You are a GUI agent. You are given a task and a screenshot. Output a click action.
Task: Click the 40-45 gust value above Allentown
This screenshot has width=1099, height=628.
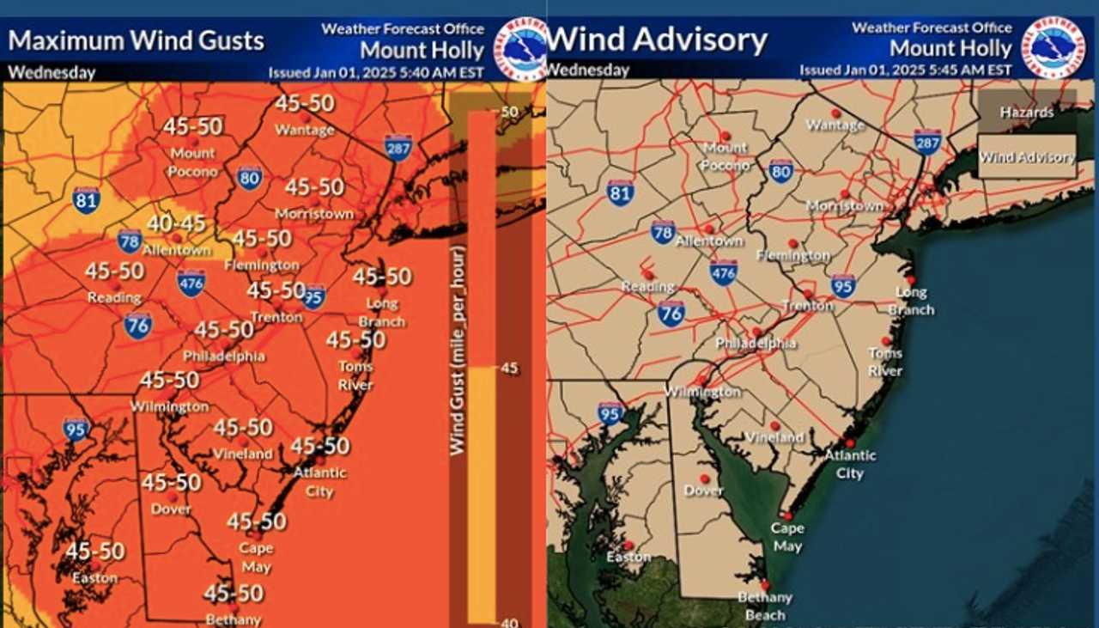click(x=176, y=223)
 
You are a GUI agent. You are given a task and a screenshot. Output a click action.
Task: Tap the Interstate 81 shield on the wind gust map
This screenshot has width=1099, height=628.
click(x=86, y=200)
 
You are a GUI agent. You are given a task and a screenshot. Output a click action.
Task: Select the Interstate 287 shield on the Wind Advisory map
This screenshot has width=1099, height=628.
click(x=927, y=142)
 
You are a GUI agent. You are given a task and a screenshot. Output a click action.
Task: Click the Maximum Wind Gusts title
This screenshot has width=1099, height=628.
click(x=136, y=40)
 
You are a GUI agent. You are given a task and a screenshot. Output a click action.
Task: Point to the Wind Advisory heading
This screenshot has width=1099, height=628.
click(x=657, y=40)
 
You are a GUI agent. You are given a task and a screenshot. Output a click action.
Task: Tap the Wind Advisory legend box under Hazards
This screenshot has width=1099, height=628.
click(x=1028, y=157)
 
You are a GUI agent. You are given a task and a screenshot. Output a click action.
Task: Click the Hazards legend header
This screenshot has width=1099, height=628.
click(x=1026, y=112)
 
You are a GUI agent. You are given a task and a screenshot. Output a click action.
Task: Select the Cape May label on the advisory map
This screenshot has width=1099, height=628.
click(x=786, y=537)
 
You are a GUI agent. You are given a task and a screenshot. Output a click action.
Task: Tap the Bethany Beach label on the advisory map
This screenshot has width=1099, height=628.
click(x=764, y=606)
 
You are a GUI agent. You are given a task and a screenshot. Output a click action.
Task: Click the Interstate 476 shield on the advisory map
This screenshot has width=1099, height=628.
click(x=724, y=272)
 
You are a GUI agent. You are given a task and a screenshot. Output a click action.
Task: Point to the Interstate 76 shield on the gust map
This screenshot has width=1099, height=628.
click(x=137, y=325)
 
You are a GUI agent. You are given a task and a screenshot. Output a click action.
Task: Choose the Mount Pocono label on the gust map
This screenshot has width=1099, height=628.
click(x=192, y=162)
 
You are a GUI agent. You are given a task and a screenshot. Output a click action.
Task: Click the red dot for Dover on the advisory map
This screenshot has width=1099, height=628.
click(x=705, y=479)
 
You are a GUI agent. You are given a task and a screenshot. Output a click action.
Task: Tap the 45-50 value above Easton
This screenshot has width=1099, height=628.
click(x=95, y=552)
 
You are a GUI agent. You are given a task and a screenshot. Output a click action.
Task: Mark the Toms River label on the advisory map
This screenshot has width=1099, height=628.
click(x=885, y=362)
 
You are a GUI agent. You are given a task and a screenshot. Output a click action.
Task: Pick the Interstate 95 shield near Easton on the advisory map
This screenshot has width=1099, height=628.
click(x=610, y=413)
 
